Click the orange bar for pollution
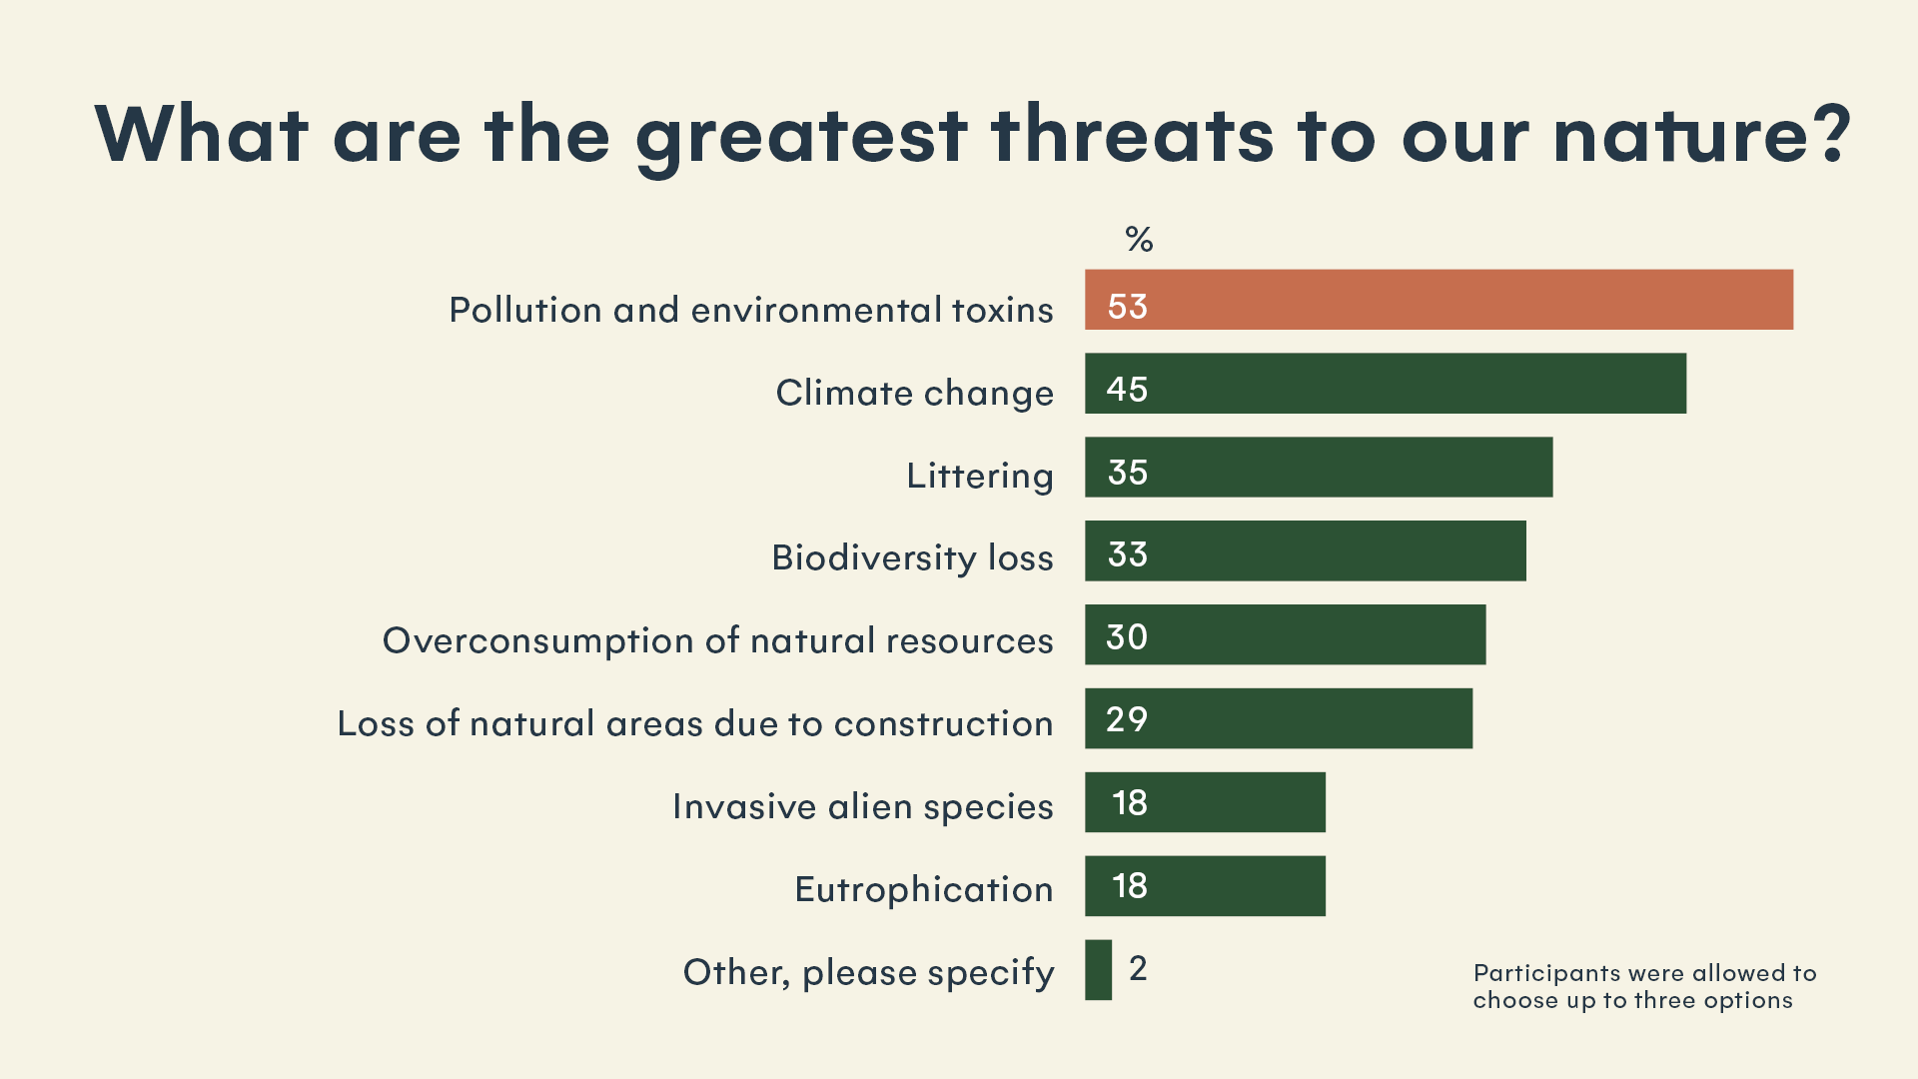[1438, 300]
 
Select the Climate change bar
[1386, 384]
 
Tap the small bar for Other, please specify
[1098, 969]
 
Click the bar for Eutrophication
[1205, 886]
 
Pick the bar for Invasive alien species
[1205, 802]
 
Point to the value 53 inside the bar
[1128, 307]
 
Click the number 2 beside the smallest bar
[1138, 968]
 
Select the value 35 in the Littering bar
[1128, 473]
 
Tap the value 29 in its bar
[1127, 719]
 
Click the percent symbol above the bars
[1139, 240]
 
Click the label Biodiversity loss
[912, 557]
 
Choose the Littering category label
[979, 476]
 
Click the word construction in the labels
[943, 723]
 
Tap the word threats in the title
[1132, 135]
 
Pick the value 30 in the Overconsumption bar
[1127, 637]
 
